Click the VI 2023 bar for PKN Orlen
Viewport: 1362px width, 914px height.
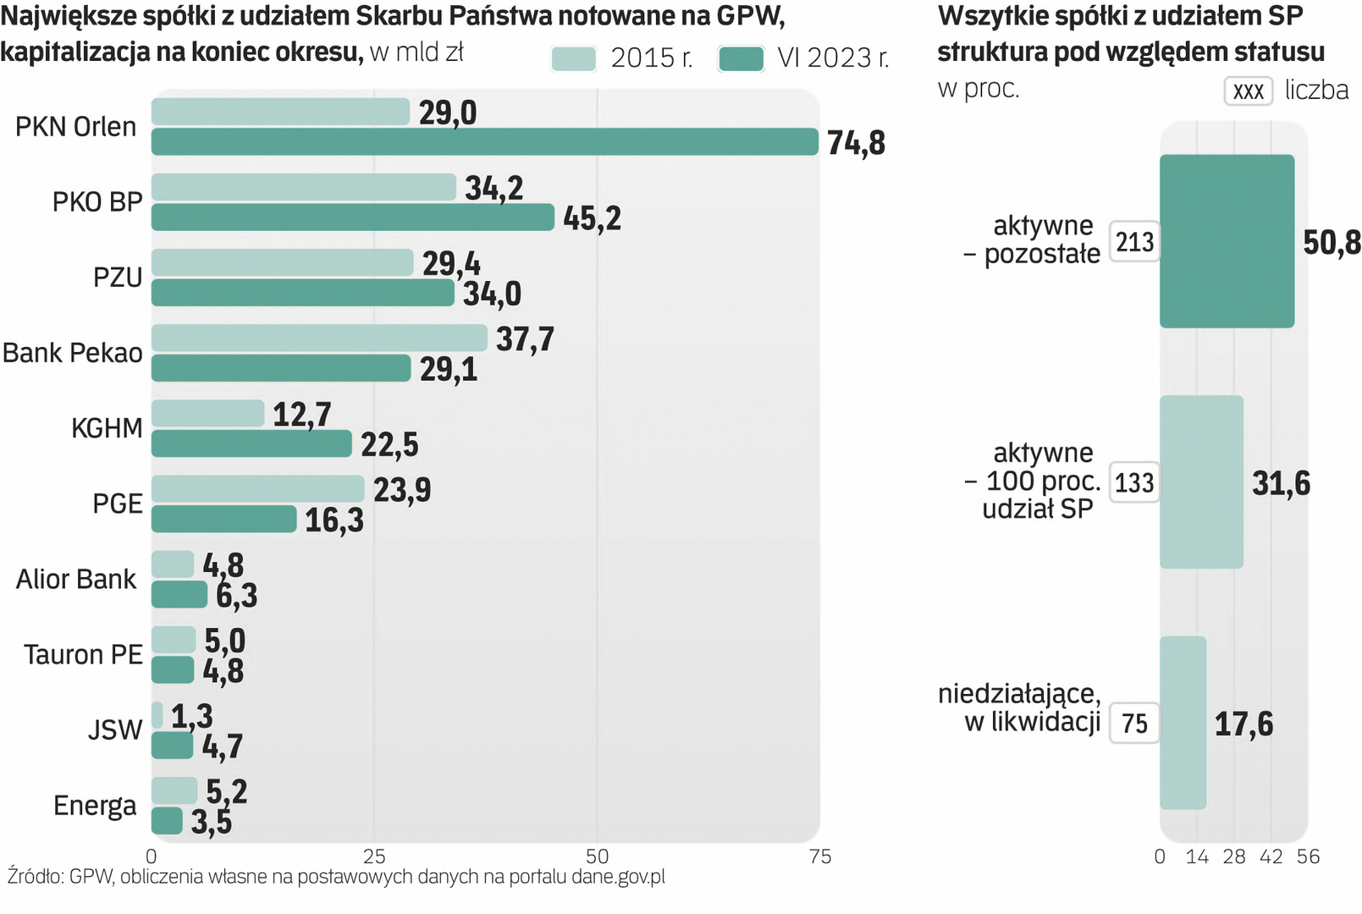click(484, 142)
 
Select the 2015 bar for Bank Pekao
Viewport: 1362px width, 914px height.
click(319, 338)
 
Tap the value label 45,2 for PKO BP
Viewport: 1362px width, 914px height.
click(592, 218)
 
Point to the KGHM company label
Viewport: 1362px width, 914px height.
click(107, 428)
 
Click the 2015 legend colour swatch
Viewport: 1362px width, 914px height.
click(573, 58)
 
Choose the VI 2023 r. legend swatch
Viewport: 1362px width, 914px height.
click(741, 58)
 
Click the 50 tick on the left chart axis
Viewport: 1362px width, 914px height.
click(597, 856)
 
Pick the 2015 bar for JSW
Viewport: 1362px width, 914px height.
click(157, 715)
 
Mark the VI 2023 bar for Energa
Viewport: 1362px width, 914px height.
click(167, 821)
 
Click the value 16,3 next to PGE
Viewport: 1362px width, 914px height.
click(334, 520)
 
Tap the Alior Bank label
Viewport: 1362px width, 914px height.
click(76, 580)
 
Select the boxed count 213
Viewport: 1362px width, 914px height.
click(1134, 242)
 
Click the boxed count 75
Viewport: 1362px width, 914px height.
click(1134, 724)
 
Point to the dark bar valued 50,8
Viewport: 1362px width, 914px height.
click(1227, 241)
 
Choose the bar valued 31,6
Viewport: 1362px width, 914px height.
click(1201, 482)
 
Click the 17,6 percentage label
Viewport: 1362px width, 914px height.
click(1243, 724)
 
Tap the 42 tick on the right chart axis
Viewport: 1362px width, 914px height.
click(1271, 856)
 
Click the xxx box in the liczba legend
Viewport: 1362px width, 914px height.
click(1248, 91)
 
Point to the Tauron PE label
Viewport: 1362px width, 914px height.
click(83, 655)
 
